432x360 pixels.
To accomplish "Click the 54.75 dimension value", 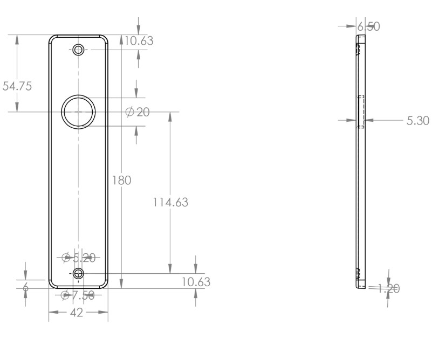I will coord(18,86).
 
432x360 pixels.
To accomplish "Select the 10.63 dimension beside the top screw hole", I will coord(139,41).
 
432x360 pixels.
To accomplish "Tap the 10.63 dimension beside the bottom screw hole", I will coord(195,282).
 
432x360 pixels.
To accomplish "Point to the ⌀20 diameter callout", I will coord(138,112).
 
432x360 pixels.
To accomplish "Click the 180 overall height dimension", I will coord(122,180).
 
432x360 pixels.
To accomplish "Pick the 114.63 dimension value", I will coord(170,203).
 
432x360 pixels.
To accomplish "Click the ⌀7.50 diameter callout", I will coord(78,295).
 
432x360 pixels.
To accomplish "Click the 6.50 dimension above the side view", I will coord(368,26).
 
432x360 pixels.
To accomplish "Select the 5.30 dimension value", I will coord(418,121).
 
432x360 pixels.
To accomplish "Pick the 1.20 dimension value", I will coord(389,289).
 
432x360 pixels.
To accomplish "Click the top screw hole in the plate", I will coord(79,50).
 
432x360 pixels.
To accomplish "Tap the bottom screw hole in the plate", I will coord(79,273).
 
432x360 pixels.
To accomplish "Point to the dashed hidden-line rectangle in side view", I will coord(362,112).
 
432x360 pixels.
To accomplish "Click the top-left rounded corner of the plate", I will coord(52,38).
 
